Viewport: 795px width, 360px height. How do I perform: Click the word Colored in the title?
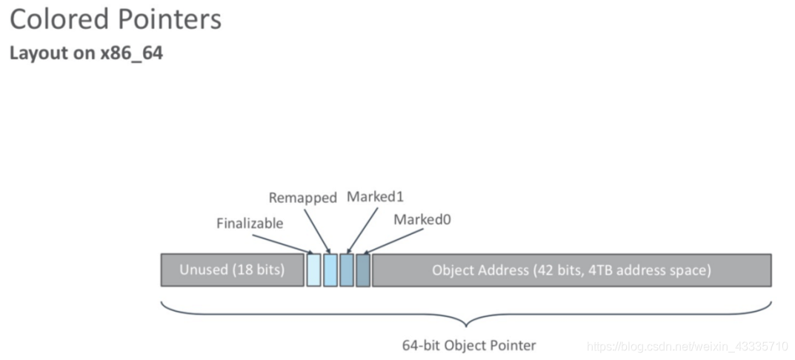55,19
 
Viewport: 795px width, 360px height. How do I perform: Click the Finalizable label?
250,223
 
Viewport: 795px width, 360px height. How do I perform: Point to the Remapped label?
302,198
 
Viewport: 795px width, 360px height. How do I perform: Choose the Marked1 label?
374,197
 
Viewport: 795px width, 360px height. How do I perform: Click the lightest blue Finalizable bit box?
313,270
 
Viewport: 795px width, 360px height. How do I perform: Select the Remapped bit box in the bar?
330,270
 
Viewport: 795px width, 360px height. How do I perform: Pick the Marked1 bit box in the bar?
347,270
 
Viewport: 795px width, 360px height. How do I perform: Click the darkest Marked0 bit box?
363,270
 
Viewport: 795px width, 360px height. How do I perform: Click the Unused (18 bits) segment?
232,270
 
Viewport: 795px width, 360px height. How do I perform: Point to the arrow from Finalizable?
282,242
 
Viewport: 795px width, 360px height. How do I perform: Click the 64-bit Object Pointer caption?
468,345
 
